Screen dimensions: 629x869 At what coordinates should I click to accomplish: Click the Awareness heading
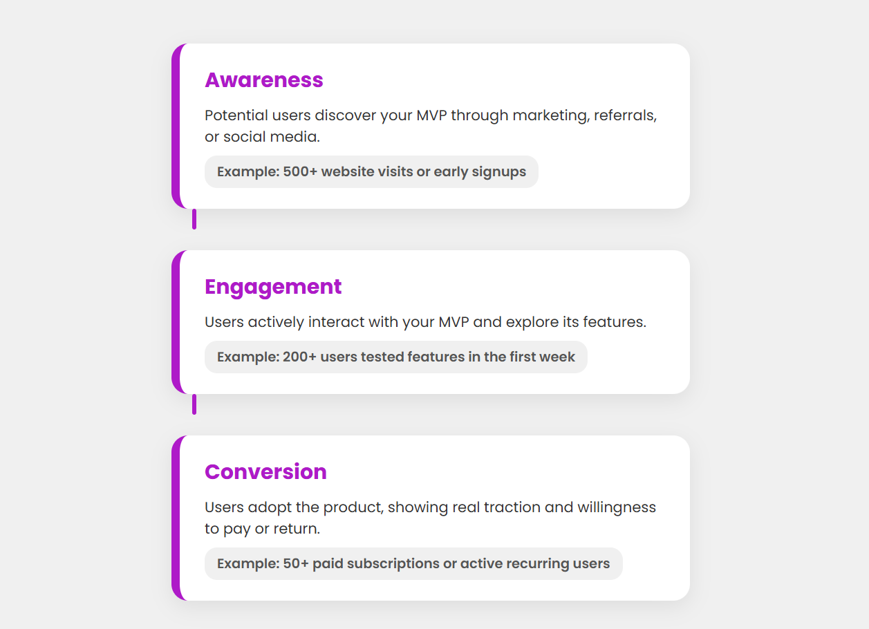(x=264, y=80)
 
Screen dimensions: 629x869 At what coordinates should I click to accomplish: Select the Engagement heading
(x=273, y=287)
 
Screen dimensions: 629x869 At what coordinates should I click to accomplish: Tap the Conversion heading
(x=265, y=472)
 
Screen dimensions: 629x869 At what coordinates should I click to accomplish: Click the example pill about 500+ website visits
(x=371, y=172)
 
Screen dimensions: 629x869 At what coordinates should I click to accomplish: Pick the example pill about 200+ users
(x=395, y=357)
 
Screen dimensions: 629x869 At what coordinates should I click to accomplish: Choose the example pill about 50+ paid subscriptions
(x=413, y=564)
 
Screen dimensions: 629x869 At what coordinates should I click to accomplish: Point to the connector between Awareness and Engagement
(x=194, y=219)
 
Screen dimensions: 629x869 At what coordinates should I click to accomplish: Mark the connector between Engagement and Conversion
(x=194, y=404)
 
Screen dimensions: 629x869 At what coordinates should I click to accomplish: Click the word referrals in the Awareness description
(x=626, y=115)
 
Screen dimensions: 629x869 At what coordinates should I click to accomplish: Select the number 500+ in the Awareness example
(x=300, y=172)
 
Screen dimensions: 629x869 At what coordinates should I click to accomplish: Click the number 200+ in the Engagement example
(x=299, y=357)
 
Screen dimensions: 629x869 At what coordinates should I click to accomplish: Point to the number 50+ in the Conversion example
(x=296, y=564)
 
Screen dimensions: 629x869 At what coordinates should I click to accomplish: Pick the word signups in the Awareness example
(x=498, y=172)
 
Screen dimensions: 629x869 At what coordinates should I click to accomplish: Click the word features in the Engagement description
(x=613, y=322)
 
